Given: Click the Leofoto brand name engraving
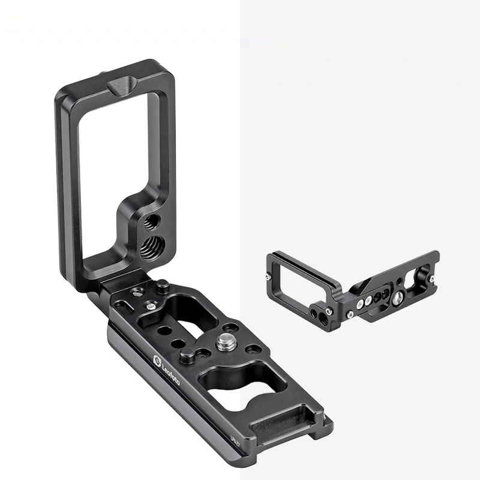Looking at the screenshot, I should click(170, 373).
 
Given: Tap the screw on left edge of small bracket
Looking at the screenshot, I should click(266, 277).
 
